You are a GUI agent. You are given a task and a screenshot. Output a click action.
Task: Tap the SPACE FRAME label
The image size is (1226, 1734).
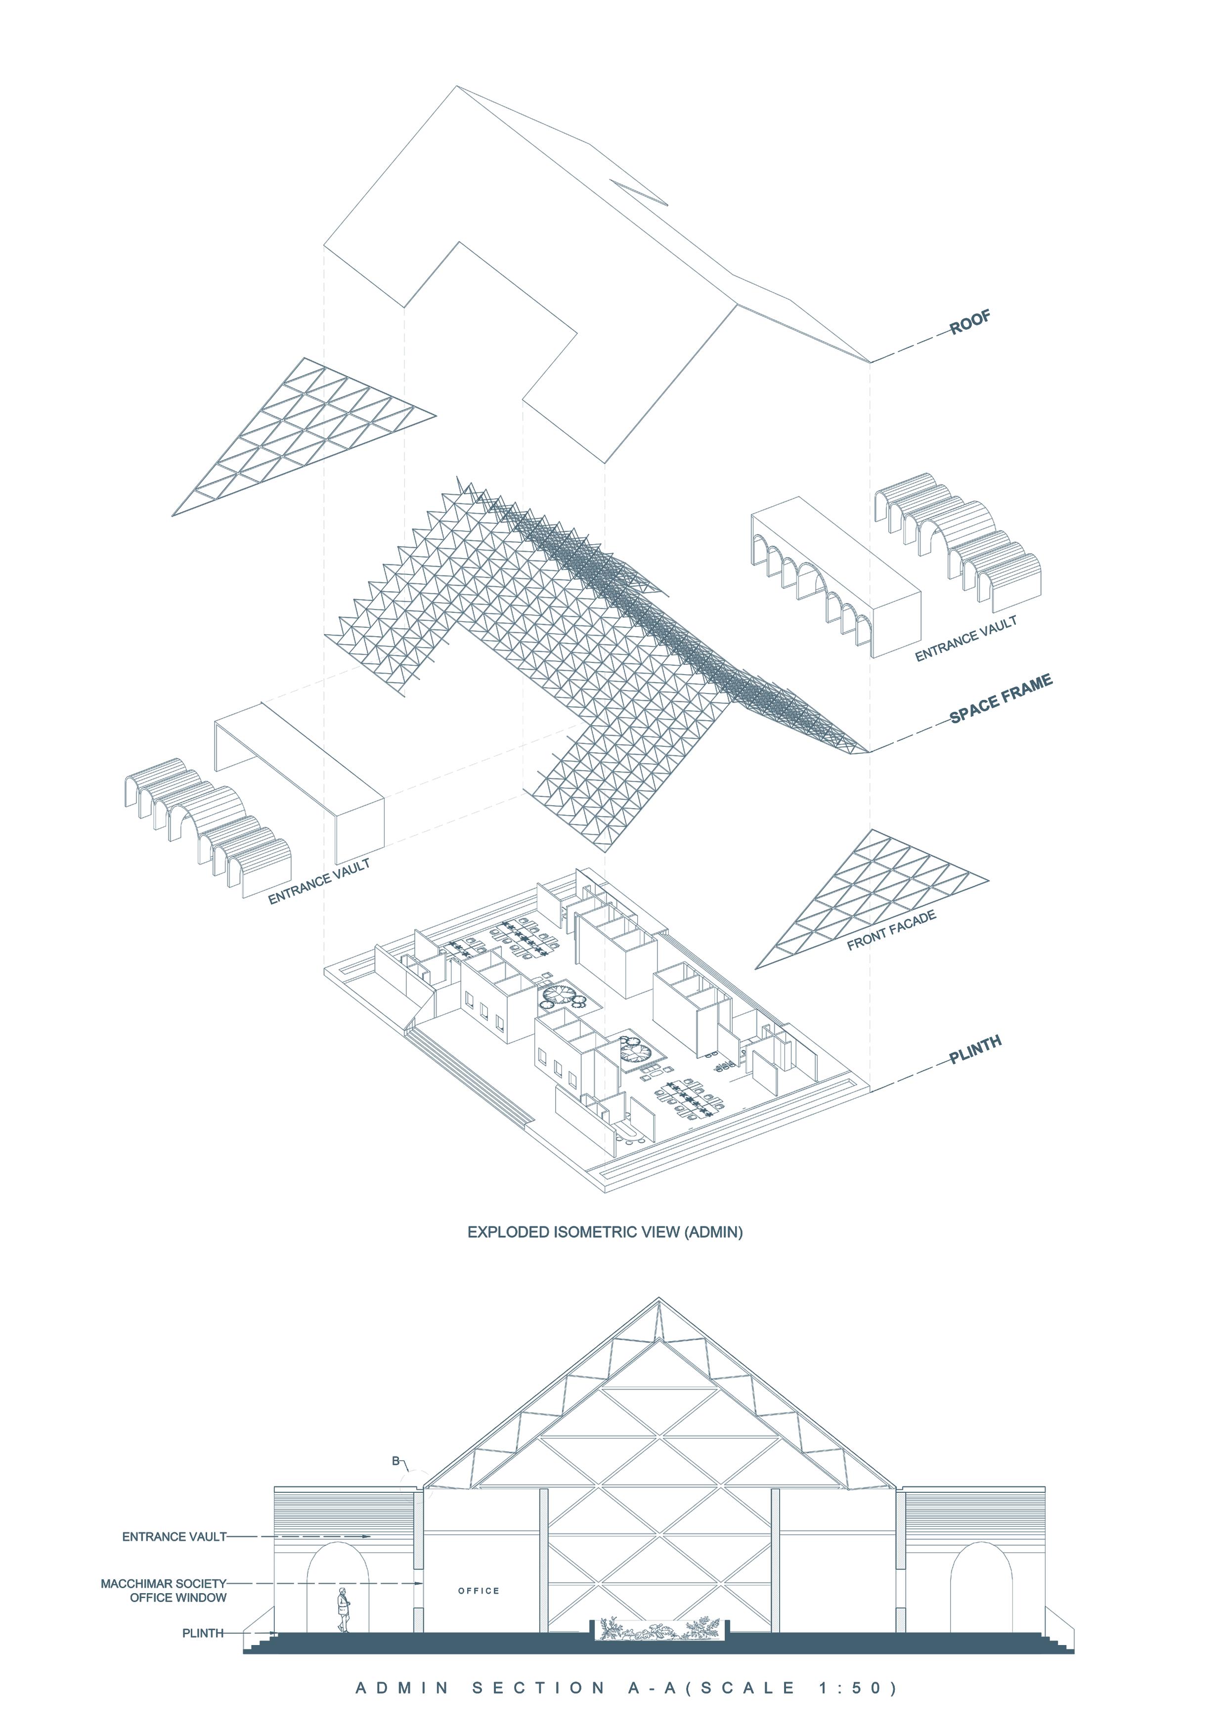pyautogui.click(x=1000, y=699)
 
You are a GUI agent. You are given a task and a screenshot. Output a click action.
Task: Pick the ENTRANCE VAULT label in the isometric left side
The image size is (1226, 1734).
pyautogui.click(x=319, y=881)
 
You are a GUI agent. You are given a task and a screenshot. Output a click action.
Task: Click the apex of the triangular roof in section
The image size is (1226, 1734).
pyautogui.click(x=658, y=1300)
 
